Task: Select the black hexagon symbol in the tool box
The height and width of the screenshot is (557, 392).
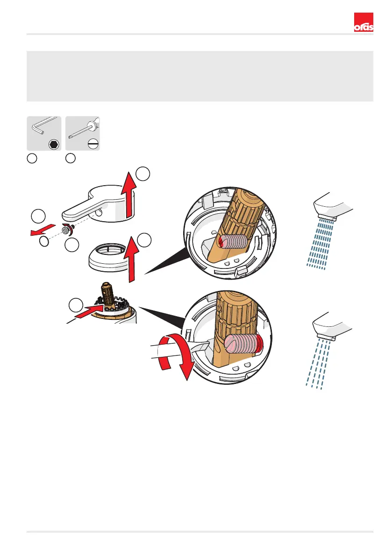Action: click(x=54, y=144)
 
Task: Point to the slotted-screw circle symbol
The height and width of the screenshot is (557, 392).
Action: click(x=92, y=144)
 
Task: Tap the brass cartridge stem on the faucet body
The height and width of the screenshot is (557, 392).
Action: click(x=105, y=294)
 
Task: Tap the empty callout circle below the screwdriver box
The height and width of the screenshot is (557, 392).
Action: click(x=71, y=159)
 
